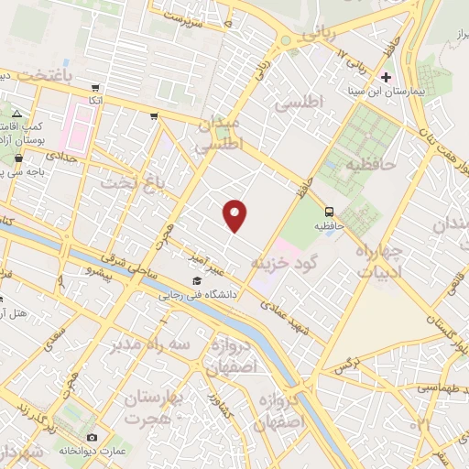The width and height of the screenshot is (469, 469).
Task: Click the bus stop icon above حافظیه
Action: [x=329, y=208]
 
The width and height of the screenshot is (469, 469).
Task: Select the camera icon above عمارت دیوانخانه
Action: [x=91, y=438]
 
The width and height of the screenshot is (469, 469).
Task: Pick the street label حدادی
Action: [x=72, y=160]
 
